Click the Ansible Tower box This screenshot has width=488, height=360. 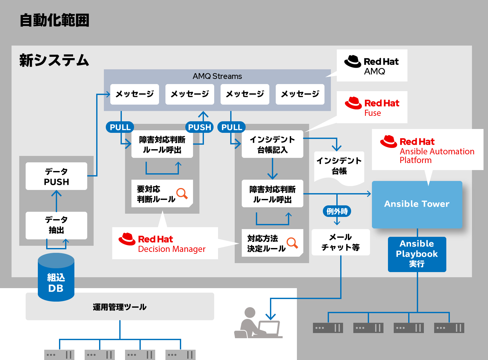click(417, 204)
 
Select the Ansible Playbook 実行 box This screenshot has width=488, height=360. click(417, 254)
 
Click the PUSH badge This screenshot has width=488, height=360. click(199, 127)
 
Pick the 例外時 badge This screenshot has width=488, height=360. click(337, 211)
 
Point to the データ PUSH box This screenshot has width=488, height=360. click(56, 176)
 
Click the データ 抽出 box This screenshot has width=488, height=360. click(56, 225)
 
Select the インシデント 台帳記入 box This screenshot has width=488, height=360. click(272, 144)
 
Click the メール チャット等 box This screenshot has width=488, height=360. click(341, 242)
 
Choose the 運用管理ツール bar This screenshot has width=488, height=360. click(120, 307)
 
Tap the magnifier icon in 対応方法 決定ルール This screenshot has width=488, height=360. click(292, 243)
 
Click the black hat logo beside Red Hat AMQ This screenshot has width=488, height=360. click(353, 61)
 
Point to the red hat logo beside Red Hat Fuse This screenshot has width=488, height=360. click(353, 103)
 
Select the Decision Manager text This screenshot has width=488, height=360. click(172, 249)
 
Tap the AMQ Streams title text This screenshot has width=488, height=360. click(217, 76)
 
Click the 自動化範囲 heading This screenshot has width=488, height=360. click(55, 21)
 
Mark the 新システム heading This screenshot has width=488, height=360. click(54, 60)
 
